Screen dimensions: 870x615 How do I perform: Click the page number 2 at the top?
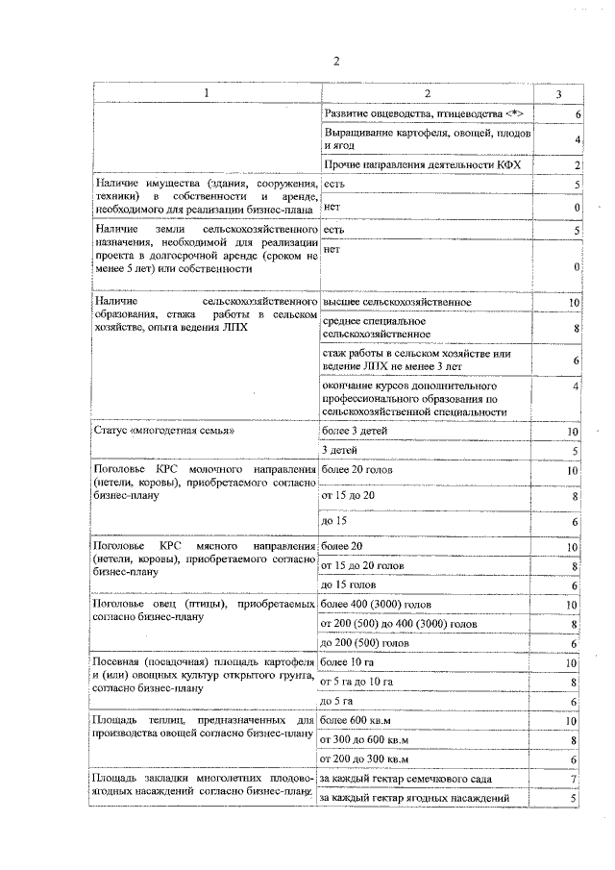[x=336, y=62]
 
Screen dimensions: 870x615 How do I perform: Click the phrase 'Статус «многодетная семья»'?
[x=164, y=431]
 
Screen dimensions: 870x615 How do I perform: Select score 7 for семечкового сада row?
[x=574, y=779]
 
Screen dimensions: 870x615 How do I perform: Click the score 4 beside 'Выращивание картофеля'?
[x=574, y=140]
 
